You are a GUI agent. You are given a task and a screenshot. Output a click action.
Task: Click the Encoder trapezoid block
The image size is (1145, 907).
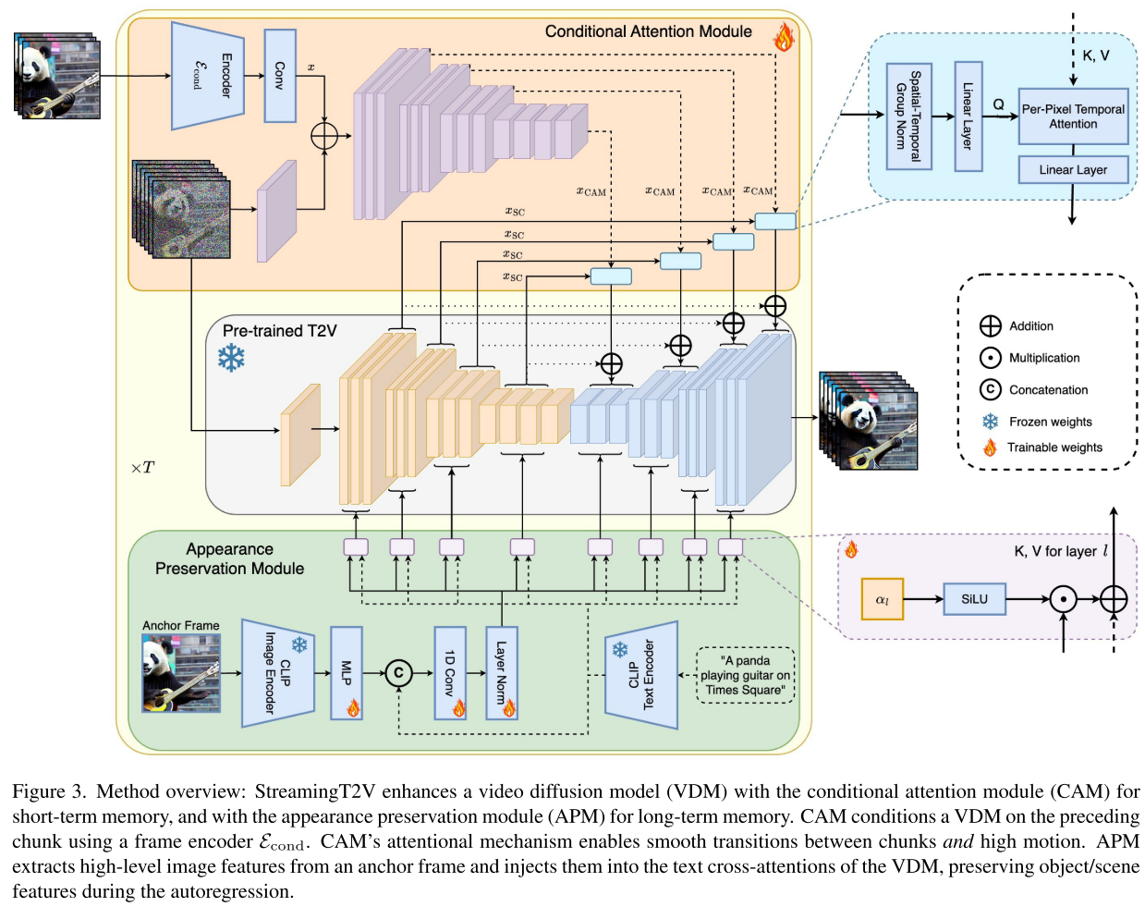[208, 76]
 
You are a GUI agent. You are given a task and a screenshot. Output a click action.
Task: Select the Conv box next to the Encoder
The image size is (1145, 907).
[280, 76]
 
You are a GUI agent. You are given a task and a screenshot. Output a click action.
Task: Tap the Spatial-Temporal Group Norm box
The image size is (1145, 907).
[908, 116]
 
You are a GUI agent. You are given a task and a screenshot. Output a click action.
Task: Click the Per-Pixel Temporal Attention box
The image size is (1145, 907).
[1073, 116]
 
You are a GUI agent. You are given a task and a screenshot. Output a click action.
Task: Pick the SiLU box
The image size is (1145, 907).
[974, 599]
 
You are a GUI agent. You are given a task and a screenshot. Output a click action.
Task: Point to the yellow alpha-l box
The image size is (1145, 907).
[882, 599]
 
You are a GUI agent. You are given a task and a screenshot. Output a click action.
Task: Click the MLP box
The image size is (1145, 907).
[347, 673]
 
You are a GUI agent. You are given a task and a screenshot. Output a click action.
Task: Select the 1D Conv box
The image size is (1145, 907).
[450, 673]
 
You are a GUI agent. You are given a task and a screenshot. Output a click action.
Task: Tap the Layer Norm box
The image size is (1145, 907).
[502, 673]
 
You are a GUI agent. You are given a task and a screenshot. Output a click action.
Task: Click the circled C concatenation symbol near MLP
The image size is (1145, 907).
[398, 673]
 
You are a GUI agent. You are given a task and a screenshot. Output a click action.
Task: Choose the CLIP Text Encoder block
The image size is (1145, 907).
[641, 675]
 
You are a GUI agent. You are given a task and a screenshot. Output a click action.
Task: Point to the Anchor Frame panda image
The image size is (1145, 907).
[181, 673]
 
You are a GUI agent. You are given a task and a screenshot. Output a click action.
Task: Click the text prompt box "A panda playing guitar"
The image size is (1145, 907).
[745, 675]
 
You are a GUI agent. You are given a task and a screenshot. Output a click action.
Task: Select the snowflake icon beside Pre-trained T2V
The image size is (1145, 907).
[231, 358]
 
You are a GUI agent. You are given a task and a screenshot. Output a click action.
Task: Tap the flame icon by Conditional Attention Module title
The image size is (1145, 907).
[784, 37]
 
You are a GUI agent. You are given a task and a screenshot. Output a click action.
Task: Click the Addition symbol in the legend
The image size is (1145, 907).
[990, 326]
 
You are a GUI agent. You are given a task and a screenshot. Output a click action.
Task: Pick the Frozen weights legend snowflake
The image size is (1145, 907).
[990, 422]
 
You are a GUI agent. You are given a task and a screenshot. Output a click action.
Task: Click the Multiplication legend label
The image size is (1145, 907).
[1044, 358]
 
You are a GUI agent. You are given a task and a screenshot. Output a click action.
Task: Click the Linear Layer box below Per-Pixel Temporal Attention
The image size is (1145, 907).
[1073, 170]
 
